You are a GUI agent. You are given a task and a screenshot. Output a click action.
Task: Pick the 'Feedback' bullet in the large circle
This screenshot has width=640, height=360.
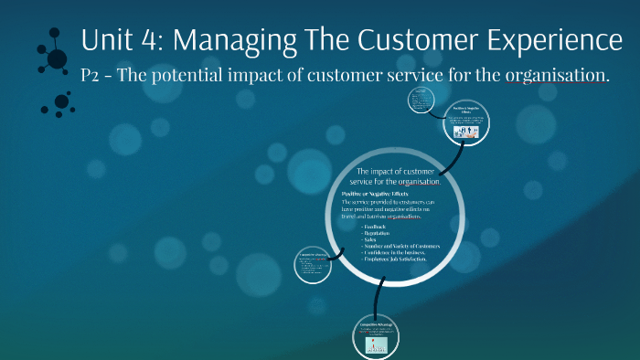point(376,226)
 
